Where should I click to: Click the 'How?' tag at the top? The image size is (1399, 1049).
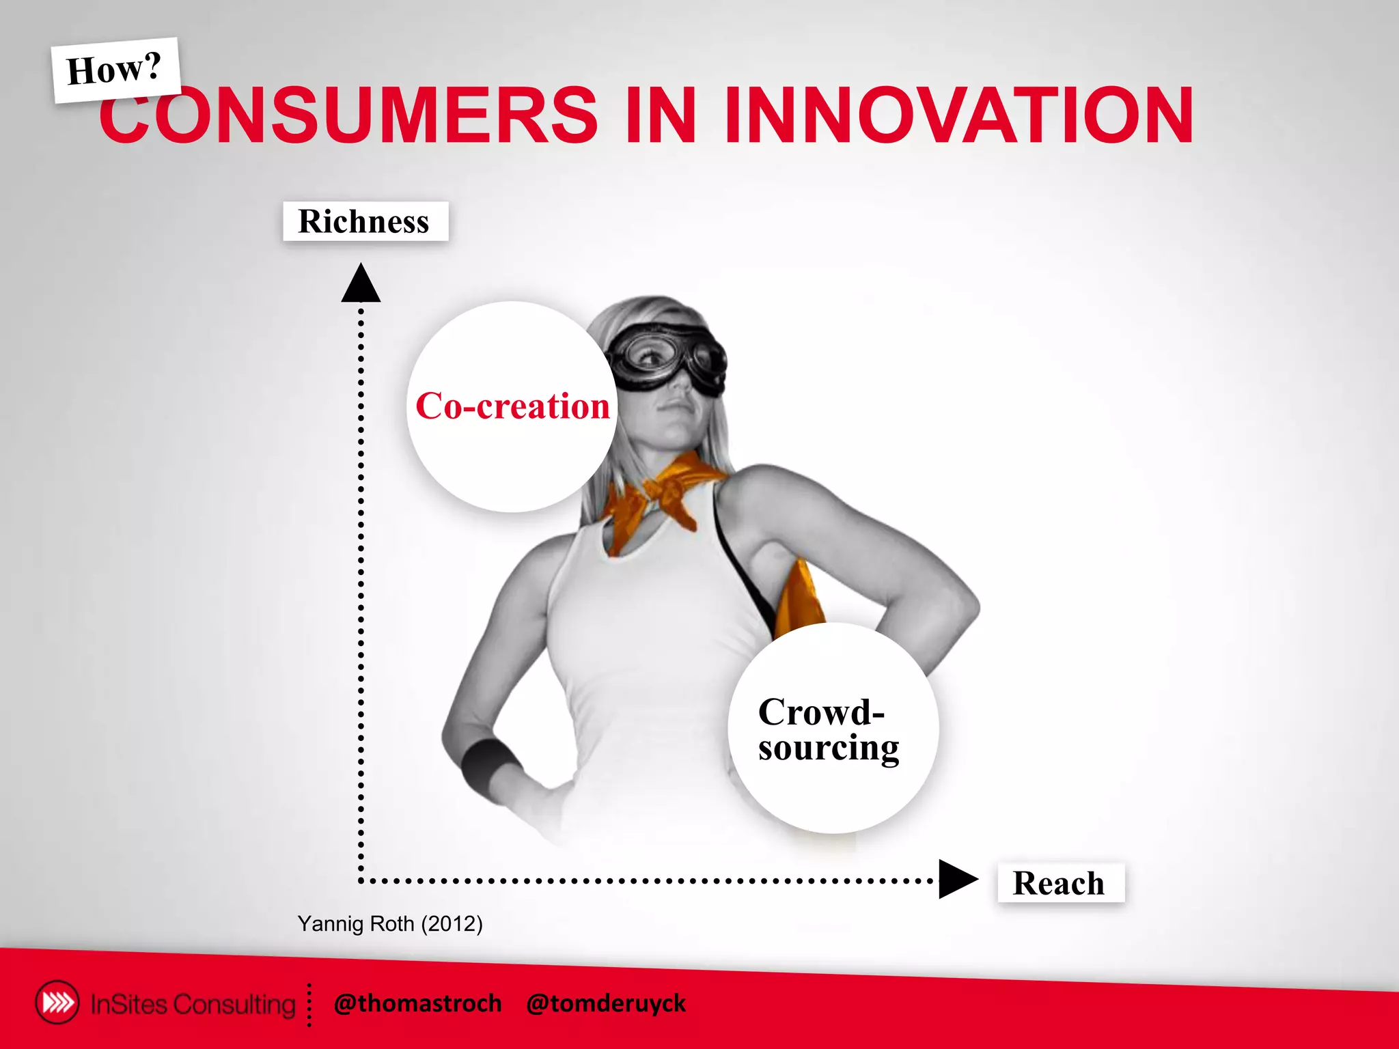(x=115, y=70)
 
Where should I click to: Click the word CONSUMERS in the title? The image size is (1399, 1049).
(x=348, y=115)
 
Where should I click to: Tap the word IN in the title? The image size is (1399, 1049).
(x=660, y=115)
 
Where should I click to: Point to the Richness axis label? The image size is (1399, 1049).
(x=365, y=221)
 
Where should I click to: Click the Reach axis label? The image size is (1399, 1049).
(x=1059, y=883)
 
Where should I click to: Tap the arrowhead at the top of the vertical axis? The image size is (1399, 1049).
(x=361, y=283)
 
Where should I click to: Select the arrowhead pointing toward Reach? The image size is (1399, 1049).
(x=957, y=879)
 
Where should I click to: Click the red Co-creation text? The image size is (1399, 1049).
(x=512, y=406)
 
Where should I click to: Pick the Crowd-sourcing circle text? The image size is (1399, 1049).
(x=829, y=729)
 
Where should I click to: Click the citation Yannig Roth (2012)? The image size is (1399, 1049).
(x=390, y=923)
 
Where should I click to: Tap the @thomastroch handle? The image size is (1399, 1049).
(x=418, y=1003)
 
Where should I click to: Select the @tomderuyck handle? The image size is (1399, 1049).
(x=606, y=1003)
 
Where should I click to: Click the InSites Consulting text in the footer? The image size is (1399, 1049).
(x=193, y=1004)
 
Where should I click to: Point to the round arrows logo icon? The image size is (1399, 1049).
(x=57, y=1003)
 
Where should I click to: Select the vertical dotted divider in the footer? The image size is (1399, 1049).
(x=309, y=1005)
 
